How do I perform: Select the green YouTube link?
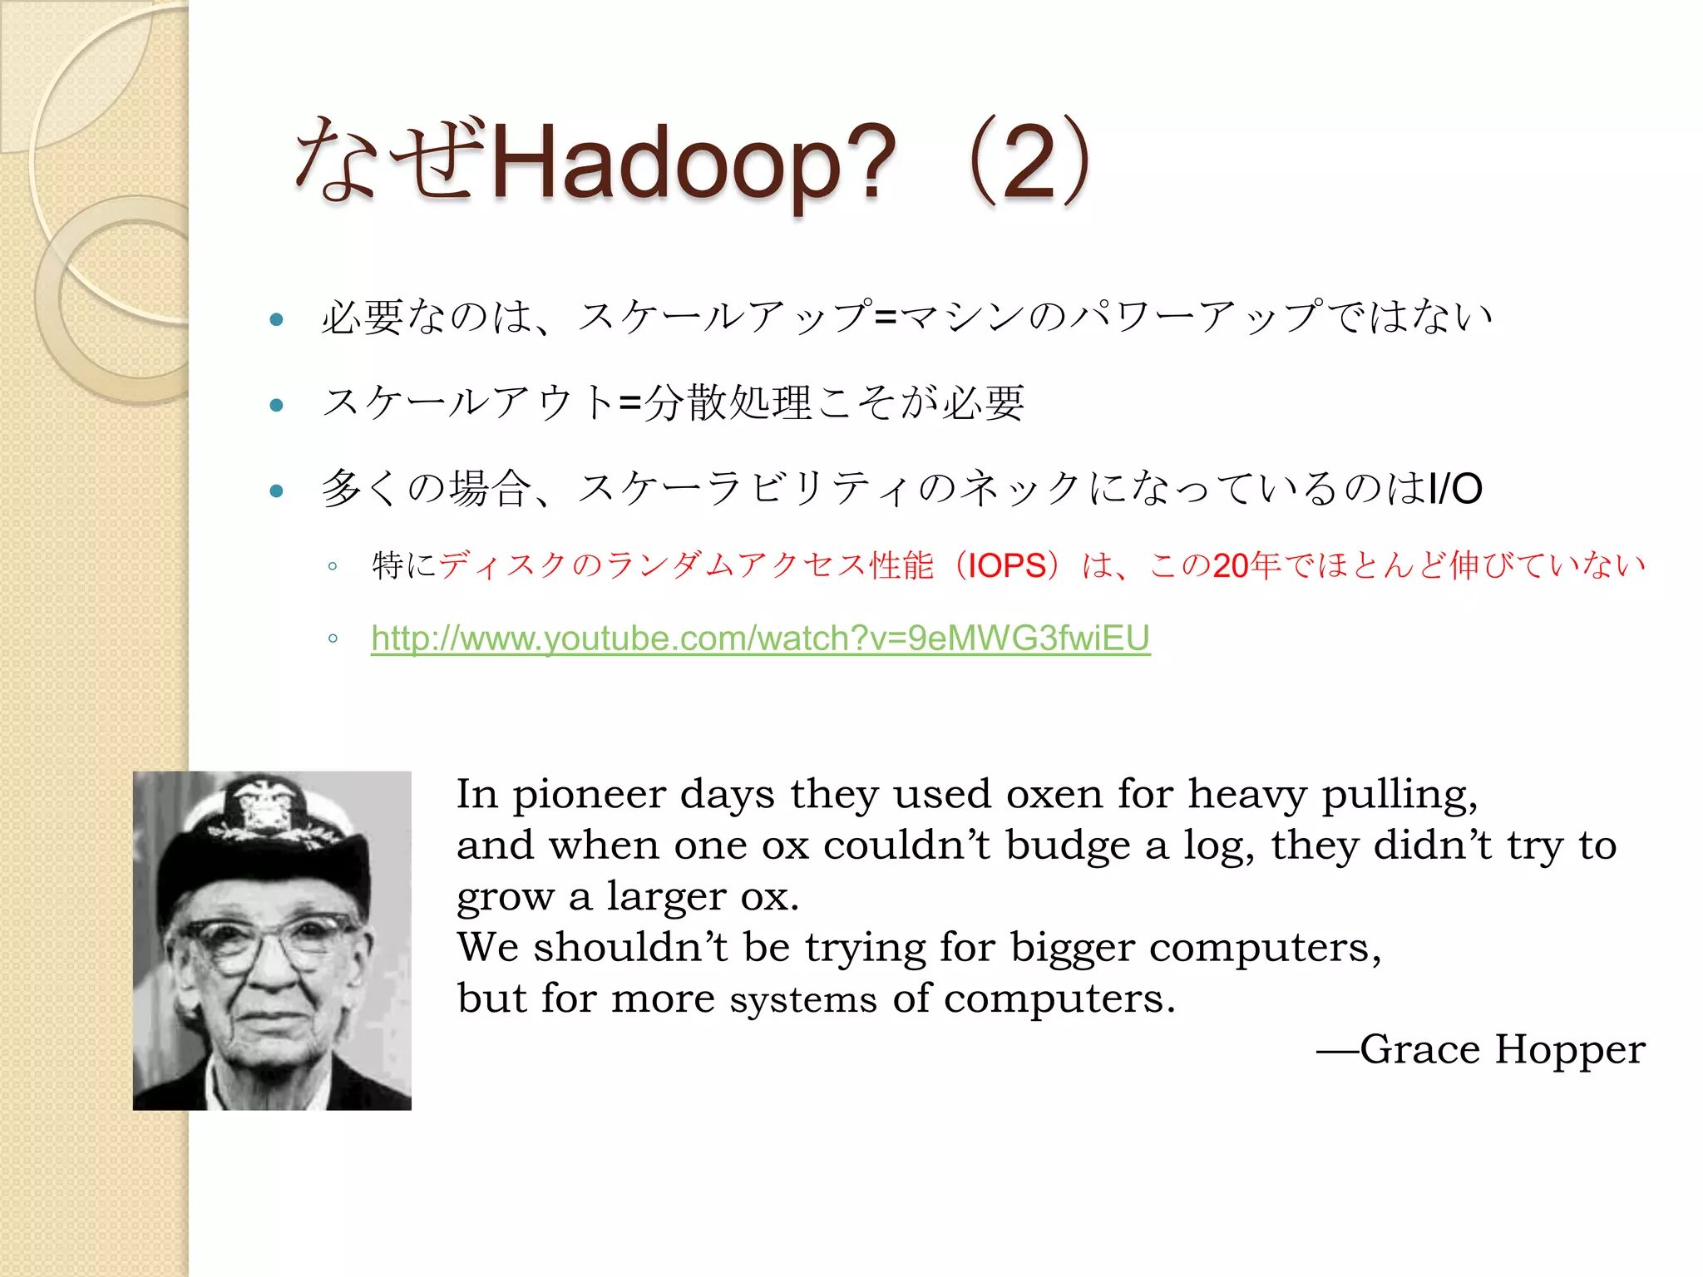click(x=760, y=638)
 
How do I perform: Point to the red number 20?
click(x=1230, y=566)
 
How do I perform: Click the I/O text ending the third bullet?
click(x=1454, y=489)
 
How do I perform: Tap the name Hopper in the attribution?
click(x=1569, y=1049)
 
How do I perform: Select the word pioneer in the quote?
click(x=589, y=796)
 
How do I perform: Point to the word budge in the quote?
click(x=1068, y=846)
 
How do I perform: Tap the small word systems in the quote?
click(x=802, y=999)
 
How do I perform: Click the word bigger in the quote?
click(x=1072, y=949)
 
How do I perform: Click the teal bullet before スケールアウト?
click(x=277, y=406)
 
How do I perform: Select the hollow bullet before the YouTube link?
click(x=333, y=638)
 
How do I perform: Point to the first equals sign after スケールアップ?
click(x=886, y=317)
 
